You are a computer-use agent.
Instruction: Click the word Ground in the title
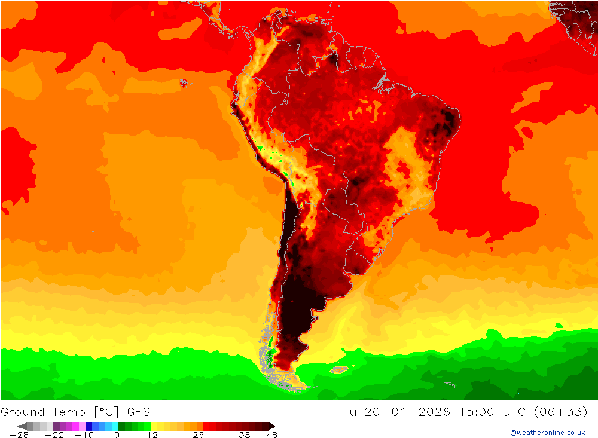pyautogui.click(x=22, y=412)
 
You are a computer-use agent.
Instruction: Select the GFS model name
pyautogui.click(x=138, y=412)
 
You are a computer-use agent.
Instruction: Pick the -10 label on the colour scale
pyautogui.click(x=84, y=435)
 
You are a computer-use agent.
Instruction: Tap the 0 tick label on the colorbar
pyautogui.click(x=117, y=435)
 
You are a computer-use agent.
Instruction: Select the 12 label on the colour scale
pyautogui.click(x=152, y=435)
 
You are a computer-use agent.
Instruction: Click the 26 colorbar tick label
pyautogui.click(x=198, y=435)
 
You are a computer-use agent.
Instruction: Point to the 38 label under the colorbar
pyautogui.click(x=244, y=435)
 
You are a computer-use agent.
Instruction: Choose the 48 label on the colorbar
pyautogui.click(x=271, y=435)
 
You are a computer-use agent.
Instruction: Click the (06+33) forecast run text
pyautogui.click(x=565, y=412)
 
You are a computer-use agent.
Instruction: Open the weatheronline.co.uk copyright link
pyautogui.click(x=547, y=433)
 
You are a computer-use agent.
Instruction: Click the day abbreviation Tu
pyautogui.click(x=350, y=412)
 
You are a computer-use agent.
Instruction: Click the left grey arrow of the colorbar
pyautogui.click(x=22, y=426)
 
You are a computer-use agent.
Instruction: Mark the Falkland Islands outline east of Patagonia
pyautogui.click(x=339, y=370)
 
